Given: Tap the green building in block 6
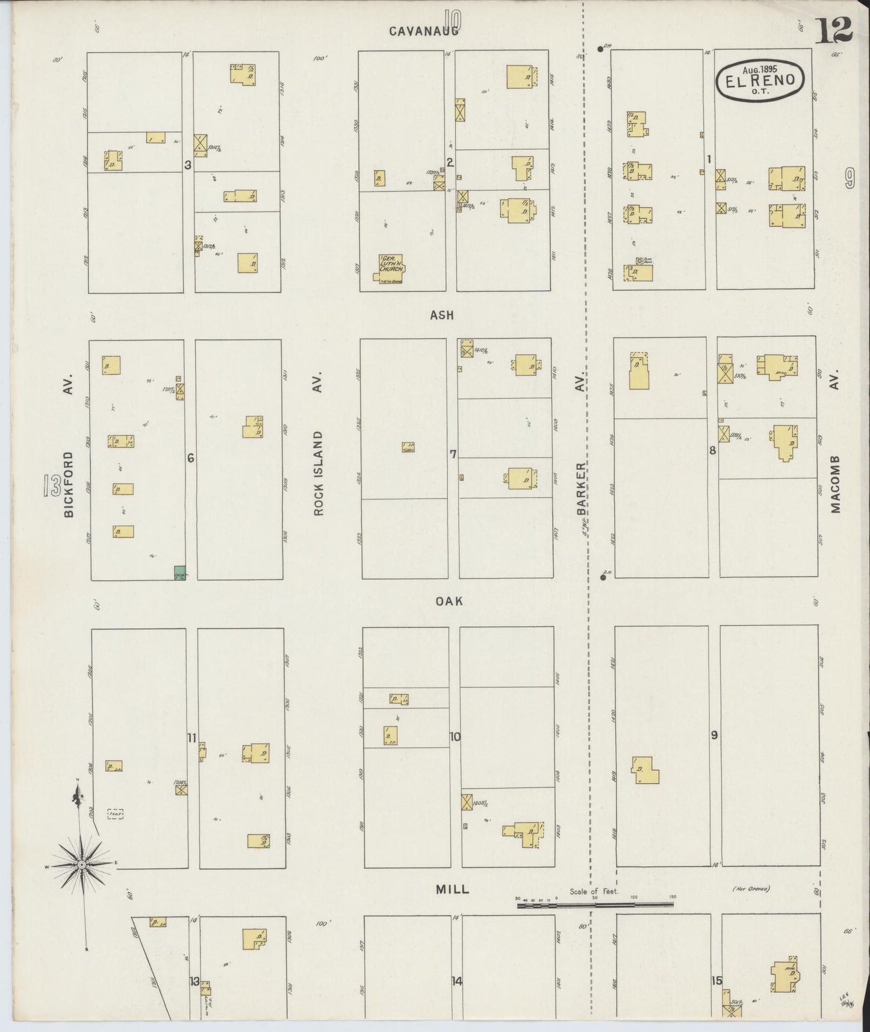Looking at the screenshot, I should pyautogui.click(x=179, y=573).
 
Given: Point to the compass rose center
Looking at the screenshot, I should pyautogui.click(x=81, y=864).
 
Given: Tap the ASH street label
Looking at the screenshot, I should pyautogui.click(x=442, y=315).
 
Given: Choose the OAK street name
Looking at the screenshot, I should pyautogui.click(x=450, y=601).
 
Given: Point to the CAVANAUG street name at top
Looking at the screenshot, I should pyautogui.click(x=423, y=31).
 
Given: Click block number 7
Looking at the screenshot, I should pyautogui.click(x=453, y=454).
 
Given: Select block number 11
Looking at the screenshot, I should pyautogui.click(x=192, y=737).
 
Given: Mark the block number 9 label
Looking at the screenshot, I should pyautogui.click(x=714, y=735).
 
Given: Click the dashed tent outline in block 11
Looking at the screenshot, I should pyautogui.click(x=115, y=814).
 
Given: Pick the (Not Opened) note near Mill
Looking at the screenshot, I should pyautogui.click(x=751, y=889).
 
